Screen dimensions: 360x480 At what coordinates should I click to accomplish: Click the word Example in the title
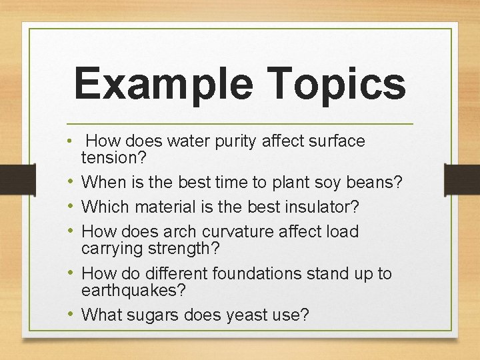pyautogui.click(x=163, y=83)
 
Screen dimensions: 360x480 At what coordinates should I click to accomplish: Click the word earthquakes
pyautogui.click(x=133, y=291)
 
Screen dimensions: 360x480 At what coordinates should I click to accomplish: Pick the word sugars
pyautogui.click(x=157, y=315)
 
